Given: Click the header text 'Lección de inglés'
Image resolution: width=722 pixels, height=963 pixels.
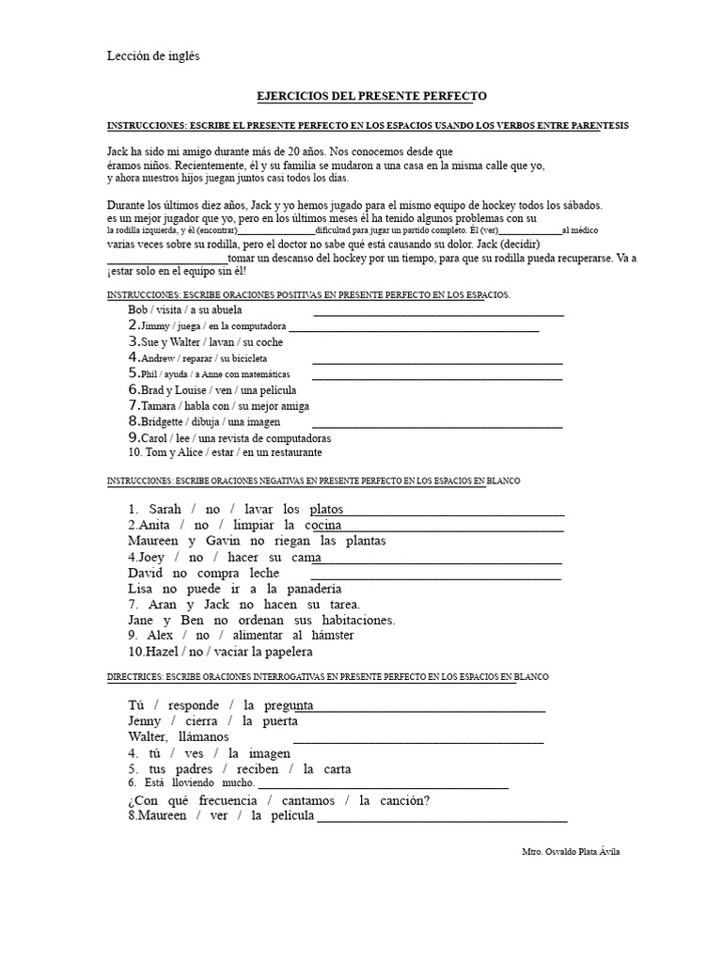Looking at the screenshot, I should tap(153, 56).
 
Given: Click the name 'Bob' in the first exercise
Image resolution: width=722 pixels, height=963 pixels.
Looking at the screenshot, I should tap(138, 309).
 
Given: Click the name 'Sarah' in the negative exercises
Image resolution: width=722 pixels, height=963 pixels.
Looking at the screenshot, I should tap(165, 509).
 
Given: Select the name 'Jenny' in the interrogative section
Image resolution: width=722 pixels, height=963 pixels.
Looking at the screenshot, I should tap(145, 721).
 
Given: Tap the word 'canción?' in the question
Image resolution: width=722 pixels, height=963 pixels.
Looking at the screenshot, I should tap(403, 800).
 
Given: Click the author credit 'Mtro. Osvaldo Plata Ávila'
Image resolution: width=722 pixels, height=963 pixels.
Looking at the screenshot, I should tap(571, 852).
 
